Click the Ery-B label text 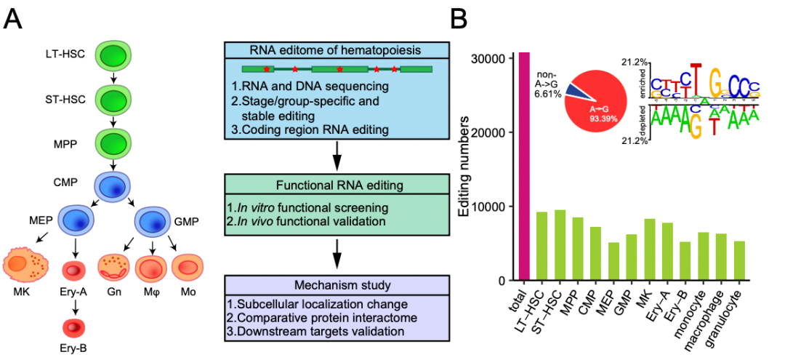click(73, 348)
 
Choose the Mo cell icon click(188, 267)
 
